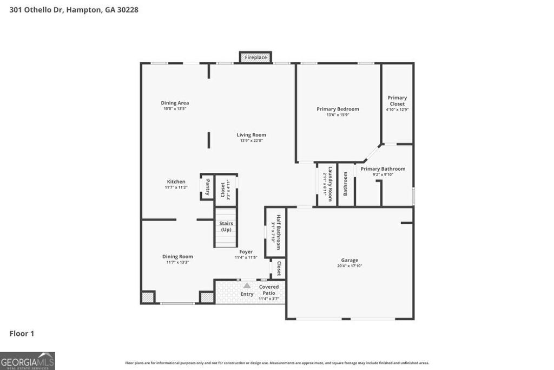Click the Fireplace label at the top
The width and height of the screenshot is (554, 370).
tap(255, 57)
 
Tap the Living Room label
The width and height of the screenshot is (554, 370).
tap(251, 135)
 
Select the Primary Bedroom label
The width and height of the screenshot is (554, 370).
tap(338, 109)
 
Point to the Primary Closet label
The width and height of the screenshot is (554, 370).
tap(397, 101)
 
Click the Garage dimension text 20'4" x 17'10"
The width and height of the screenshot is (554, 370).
tap(349, 266)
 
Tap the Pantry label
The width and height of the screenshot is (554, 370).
tap(207, 187)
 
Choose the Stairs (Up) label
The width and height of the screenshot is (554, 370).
tap(226, 226)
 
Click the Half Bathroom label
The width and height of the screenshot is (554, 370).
tap(279, 231)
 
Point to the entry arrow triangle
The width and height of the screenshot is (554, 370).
tap(247, 285)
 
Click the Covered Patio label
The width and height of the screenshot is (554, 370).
tap(269, 290)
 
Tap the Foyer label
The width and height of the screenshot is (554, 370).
tap(246, 252)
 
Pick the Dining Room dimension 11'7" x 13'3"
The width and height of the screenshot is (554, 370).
tap(177, 263)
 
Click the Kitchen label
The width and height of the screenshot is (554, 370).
tap(176, 181)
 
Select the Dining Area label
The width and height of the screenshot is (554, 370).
tap(175, 103)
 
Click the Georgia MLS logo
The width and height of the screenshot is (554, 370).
tap(28, 361)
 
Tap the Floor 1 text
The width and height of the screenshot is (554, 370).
tap(22, 334)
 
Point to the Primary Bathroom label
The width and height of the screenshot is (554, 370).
tap(383, 168)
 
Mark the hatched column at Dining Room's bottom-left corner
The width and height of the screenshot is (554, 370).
tap(148, 297)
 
